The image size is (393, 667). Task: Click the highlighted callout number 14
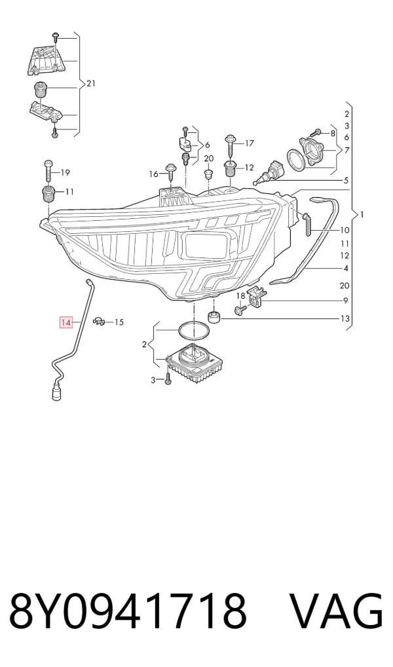point(65,323)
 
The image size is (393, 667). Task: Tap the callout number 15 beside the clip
point(119,322)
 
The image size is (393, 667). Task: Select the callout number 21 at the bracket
point(91,83)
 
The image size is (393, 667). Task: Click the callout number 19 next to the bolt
point(65,172)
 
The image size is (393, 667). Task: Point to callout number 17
point(250,143)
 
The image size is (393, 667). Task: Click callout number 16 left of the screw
point(153,174)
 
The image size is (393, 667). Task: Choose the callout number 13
point(345,318)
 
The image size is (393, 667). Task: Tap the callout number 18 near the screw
point(241,295)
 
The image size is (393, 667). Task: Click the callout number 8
point(333,133)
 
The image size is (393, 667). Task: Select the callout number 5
point(346,180)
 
